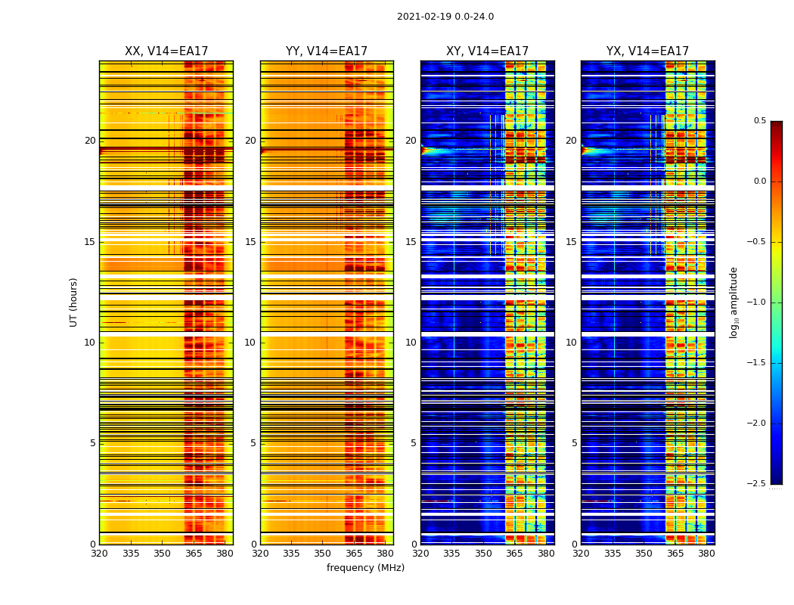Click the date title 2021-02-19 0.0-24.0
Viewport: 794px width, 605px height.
click(445, 17)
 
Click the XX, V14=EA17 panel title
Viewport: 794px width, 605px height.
click(166, 51)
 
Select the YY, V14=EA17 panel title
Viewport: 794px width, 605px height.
click(327, 51)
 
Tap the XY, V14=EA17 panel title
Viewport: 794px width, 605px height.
click(487, 51)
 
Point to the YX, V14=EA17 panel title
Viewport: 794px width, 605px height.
click(647, 51)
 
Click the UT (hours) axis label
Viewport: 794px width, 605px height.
click(73, 302)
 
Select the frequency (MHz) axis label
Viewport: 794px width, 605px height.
click(365, 568)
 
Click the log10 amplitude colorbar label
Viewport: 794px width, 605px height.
click(733, 302)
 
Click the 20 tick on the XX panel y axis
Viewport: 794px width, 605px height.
click(90, 141)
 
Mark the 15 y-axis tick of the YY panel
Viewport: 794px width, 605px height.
click(250, 242)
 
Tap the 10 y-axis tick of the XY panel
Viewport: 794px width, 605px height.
click(411, 343)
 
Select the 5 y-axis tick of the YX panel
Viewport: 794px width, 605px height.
click(574, 443)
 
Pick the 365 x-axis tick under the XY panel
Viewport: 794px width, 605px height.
click(514, 554)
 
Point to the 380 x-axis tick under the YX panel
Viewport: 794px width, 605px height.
click(706, 554)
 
